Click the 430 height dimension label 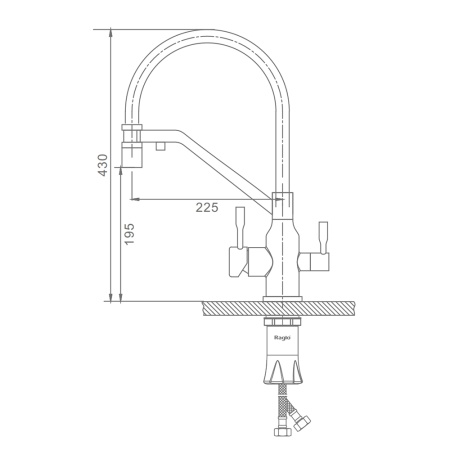[102, 165]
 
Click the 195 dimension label [129, 234]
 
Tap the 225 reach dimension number [207, 207]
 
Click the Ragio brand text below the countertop [282, 338]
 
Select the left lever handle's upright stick [240, 227]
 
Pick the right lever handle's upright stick [323, 237]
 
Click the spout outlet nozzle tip [132, 154]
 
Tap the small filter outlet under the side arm [161, 146]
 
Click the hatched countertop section [278, 308]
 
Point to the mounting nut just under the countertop [282, 322]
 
